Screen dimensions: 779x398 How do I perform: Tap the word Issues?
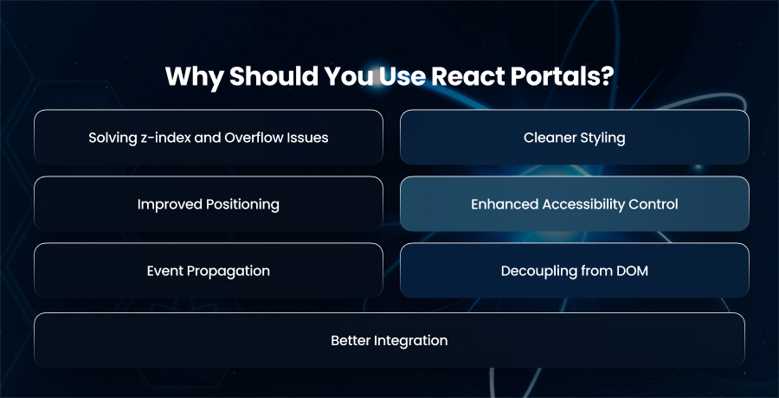[x=311, y=138]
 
